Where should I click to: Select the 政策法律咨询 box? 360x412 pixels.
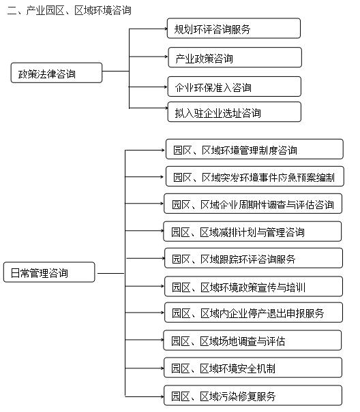click(56, 73)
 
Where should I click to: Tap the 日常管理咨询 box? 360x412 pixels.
click(49, 274)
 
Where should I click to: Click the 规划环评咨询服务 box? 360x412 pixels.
click(234, 29)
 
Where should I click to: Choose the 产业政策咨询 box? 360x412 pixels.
click(234, 58)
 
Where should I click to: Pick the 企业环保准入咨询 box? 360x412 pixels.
click(234, 87)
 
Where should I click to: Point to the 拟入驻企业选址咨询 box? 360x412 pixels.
click(234, 112)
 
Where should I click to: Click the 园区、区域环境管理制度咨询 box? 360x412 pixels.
click(254, 150)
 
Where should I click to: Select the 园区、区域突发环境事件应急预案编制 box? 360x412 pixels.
click(254, 177)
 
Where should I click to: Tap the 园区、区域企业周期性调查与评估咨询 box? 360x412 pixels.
click(253, 204)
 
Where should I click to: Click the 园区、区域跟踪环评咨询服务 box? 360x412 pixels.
click(253, 259)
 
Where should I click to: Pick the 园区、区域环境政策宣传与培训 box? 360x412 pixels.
click(254, 287)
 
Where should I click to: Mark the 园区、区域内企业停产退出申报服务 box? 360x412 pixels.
click(254, 313)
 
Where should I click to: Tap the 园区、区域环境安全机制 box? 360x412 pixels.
click(253, 368)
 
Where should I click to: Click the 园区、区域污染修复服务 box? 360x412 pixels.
click(253, 396)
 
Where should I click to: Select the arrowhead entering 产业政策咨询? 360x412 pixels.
click(163, 59)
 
